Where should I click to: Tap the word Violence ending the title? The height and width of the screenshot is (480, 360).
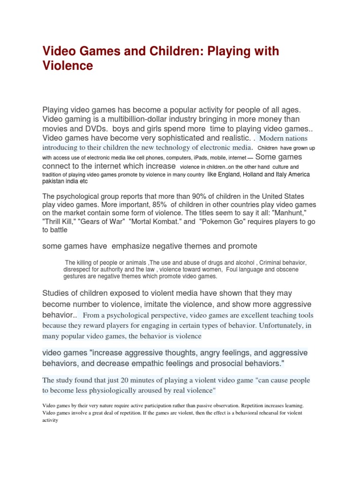[68, 66]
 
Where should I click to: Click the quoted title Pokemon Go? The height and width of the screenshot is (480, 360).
[222, 222]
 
